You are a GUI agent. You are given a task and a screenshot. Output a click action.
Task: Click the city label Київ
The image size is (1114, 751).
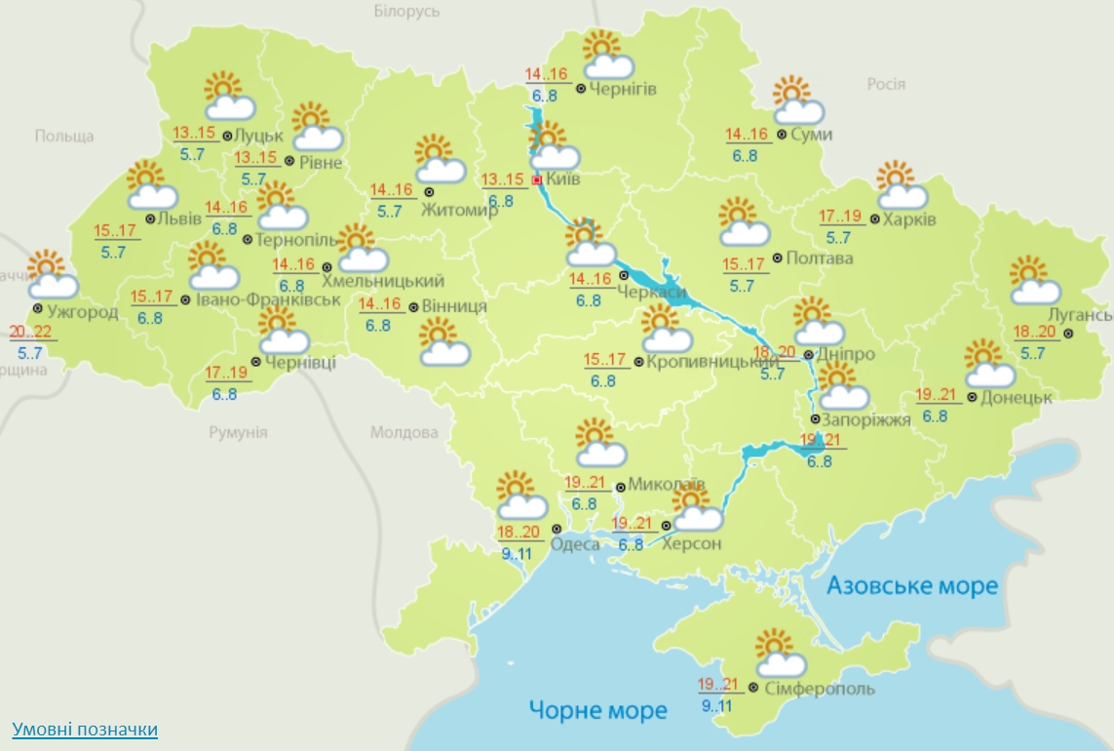pyautogui.click(x=563, y=180)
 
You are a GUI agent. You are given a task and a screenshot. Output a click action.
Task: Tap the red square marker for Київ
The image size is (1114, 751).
pyautogui.click(x=536, y=180)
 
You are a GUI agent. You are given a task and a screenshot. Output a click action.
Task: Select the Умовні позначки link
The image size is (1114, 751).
pyautogui.click(x=85, y=730)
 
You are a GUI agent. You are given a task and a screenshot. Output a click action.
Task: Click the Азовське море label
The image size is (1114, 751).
pyautogui.click(x=912, y=585)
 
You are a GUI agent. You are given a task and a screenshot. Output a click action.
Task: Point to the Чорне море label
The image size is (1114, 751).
pyautogui.click(x=597, y=709)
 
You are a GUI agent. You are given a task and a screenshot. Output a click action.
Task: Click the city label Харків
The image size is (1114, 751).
pyautogui.click(x=908, y=219)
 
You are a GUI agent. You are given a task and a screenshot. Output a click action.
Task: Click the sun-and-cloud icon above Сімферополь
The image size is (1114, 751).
pyautogui.click(x=780, y=654)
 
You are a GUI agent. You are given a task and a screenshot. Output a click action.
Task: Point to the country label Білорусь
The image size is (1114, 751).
pyautogui.click(x=406, y=12)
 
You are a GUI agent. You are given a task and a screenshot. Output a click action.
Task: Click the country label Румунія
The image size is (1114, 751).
pyautogui.click(x=238, y=432)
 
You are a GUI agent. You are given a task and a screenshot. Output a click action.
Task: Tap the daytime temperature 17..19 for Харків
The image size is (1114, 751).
pyautogui.click(x=839, y=217)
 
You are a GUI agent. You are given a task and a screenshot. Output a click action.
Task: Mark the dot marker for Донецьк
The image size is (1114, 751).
pyautogui.click(x=972, y=397)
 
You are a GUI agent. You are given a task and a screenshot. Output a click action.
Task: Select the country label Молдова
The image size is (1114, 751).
pyautogui.click(x=404, y=432)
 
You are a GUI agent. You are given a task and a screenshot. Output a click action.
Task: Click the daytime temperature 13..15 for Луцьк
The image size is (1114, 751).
pyautogui.click(x=194, y=134)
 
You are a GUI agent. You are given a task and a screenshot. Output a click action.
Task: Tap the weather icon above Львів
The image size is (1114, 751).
pyautogui.click(x=151, y=186)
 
